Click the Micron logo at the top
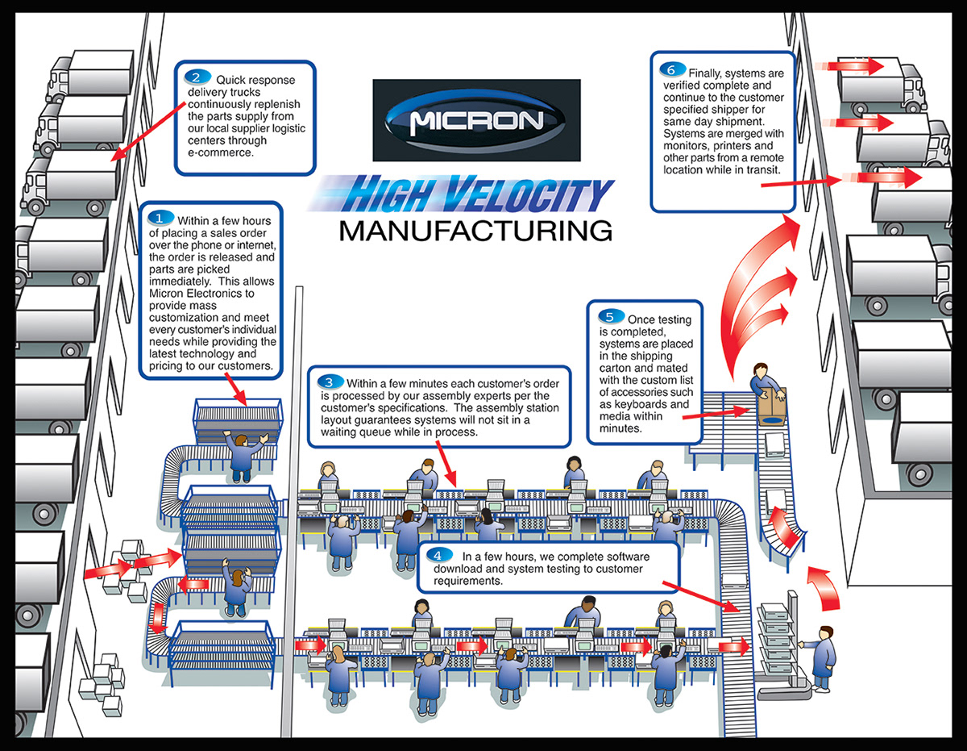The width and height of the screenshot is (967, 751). pos(476,120)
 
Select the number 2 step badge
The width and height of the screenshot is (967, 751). pos(195,77)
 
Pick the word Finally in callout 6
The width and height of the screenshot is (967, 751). pos(708,73)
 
